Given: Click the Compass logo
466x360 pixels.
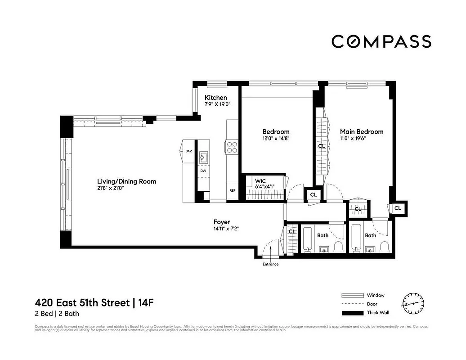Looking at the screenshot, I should (381, 41).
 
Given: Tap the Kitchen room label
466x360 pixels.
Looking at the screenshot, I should (216, 98).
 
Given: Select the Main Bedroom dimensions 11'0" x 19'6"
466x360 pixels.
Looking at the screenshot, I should (353, 139).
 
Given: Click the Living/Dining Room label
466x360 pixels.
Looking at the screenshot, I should (127, 181).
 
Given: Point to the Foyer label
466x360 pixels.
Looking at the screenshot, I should (222, 222).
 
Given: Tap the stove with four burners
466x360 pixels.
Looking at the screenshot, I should (232, 147).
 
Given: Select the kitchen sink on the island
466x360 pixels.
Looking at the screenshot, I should (203, 157).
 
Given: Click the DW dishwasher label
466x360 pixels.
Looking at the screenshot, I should (203, 171).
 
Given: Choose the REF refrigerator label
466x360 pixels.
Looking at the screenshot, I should (233, 190).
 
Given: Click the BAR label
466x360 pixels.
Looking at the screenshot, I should (189, 151).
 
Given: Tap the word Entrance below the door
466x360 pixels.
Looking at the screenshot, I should (270, 264).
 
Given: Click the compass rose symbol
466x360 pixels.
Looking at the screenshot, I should (413, 304).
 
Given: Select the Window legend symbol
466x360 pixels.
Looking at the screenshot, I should (352, 296).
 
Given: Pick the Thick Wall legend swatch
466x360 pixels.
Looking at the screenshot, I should (352, 313).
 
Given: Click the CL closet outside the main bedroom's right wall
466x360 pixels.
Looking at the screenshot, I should (398, 208).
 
